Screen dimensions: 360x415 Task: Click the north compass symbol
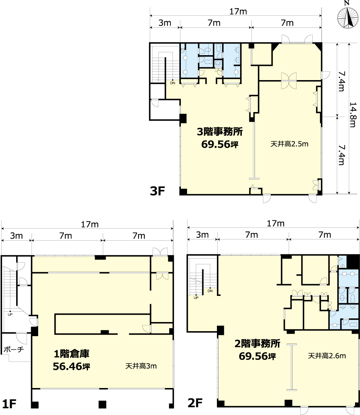click(348, 17)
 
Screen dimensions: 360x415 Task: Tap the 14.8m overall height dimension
click(353, 115)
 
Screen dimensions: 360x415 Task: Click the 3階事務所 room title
click(220, 132)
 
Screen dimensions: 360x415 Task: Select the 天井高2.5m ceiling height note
click(289, 144)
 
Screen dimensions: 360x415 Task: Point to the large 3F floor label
click(157, 190)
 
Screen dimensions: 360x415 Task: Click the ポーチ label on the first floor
click(14, 349)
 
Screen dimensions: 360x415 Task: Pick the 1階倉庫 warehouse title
click(71, 354)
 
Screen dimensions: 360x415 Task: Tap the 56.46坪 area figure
click(71, 366)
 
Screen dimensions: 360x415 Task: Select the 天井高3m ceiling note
click(141, 366)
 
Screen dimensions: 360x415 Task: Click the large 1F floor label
click(9, 404)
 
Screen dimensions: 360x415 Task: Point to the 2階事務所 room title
click(258, 344)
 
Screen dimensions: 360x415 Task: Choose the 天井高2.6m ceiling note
click(327, 356)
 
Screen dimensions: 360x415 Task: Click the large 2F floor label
click(195, 403)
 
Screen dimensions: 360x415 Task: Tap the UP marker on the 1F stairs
click(10, 315)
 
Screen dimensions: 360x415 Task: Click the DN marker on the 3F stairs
click(173, 83)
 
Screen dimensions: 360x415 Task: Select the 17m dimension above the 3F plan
click(238, 12)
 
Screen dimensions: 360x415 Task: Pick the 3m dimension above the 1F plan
click(17, 236)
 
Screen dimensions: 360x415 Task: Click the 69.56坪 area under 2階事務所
click(258, 356)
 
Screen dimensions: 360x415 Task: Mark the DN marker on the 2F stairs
click(210, 291)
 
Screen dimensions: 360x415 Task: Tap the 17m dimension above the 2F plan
click(276, 224)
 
